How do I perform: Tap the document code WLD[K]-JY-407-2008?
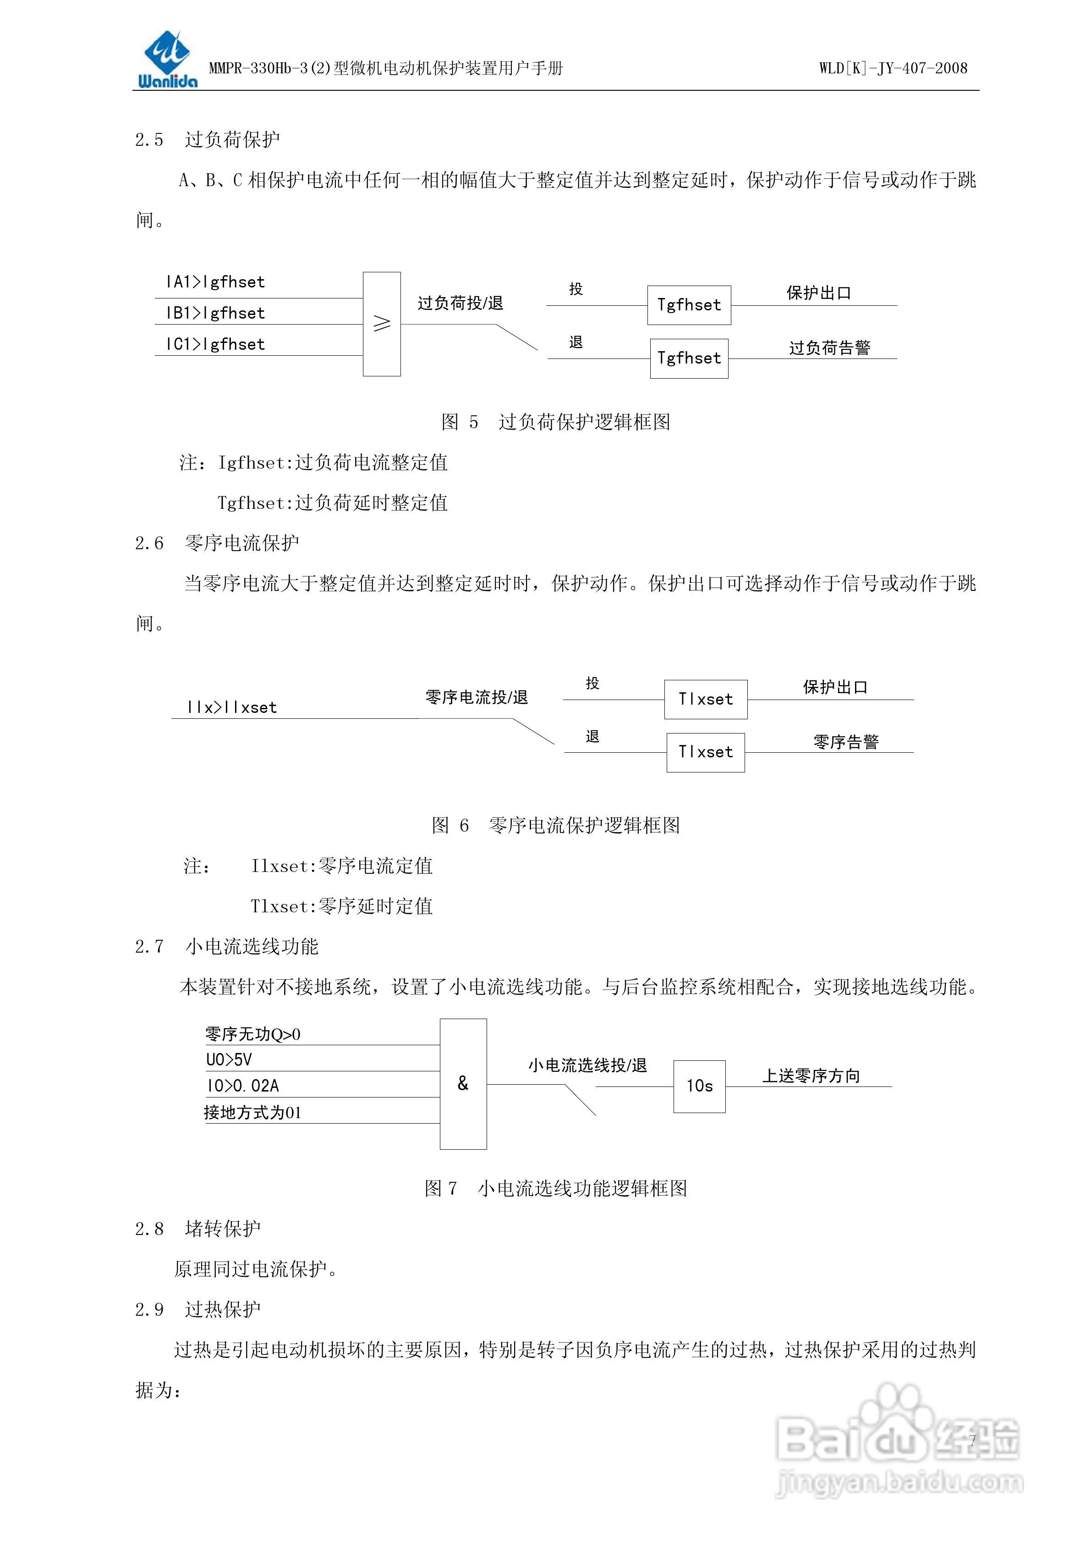893,68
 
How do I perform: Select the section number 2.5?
149,140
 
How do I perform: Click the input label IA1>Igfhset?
215,282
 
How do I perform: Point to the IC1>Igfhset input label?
215,344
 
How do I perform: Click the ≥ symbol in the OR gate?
382,324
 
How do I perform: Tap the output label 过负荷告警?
829,347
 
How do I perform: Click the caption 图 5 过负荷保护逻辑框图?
555,422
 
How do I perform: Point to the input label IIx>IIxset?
232,707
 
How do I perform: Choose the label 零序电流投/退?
477,697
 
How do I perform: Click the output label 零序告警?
846,742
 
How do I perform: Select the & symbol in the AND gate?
462,1083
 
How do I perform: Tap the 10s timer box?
699,1086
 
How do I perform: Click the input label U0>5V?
229,1060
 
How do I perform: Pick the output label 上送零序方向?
811,1076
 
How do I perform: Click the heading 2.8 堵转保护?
197,1229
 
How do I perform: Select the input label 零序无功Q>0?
253,1034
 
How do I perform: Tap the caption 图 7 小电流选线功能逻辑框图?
555,1188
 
